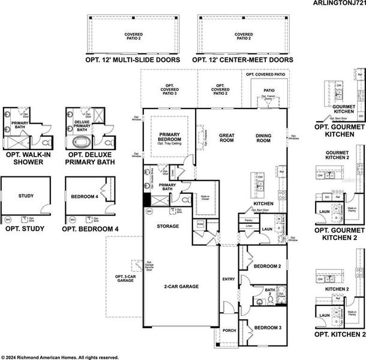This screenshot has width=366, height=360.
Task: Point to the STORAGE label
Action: coord(168,226)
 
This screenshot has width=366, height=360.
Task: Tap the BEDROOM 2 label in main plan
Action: coord(267,266)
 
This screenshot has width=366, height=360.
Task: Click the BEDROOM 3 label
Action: coord(267,328)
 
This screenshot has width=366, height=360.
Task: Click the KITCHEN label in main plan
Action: coord(263,204)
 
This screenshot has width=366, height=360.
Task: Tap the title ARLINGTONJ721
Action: coord(338,4)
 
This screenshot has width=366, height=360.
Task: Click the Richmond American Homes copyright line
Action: coord(60,356)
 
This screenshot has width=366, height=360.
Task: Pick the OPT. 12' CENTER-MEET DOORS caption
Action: coord(242,60)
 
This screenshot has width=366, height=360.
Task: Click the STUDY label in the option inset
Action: coord(26,196)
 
